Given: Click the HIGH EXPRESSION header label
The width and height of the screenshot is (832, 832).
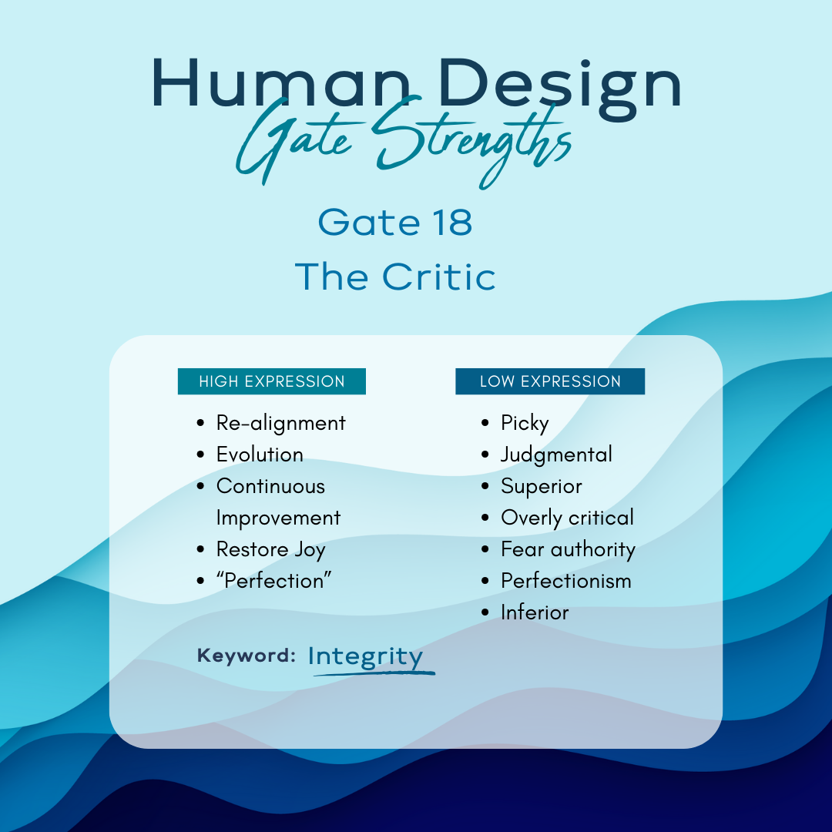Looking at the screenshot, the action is [x=272, y=381].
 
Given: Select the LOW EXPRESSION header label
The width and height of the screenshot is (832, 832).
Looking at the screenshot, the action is [x=550, y=381].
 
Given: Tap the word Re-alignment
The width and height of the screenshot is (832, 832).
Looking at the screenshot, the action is [x=280, y=423].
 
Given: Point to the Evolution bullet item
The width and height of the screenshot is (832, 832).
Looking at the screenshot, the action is [x=260, y=455].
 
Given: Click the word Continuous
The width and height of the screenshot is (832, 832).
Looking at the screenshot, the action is [x=270, y=486].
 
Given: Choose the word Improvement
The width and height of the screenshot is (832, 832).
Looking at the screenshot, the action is [x=279, y=518].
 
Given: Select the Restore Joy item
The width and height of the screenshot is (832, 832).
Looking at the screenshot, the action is [x=270, y=550].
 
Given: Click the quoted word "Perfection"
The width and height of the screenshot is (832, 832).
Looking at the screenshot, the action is [x=273, y=581].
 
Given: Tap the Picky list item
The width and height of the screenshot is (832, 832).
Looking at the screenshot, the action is [x=525, y=424].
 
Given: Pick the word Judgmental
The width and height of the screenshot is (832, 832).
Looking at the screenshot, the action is [x=557, y=455].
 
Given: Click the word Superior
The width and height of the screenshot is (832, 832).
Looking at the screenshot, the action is [x=542, y=487].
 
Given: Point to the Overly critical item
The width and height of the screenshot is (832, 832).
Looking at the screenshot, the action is [x=567, y=518].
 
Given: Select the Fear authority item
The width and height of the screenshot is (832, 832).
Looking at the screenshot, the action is [x=569, y=549].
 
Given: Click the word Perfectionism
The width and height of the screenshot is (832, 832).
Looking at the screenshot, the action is [x=566, y=581].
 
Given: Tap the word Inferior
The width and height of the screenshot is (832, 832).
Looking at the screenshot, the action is [x=535, y=612].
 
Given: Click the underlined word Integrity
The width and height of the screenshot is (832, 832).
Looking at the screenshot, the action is [x=366, y=656].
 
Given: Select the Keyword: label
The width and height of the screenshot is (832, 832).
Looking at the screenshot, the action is [x=247, y=656].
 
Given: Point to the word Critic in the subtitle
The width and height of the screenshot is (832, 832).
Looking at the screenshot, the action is [x=439, y=277].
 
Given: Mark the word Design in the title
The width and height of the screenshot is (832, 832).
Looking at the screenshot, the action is [x=560, y=85].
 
